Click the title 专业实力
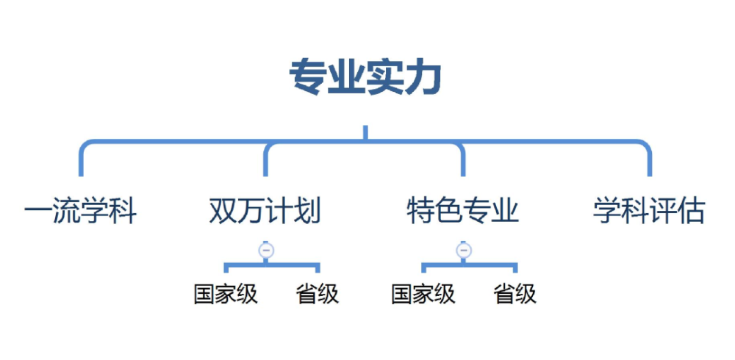365,78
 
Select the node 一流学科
80,211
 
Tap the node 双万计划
265,211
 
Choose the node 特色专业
463,211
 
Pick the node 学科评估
649,211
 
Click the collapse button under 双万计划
266,251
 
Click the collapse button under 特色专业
464,251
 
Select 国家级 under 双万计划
226,295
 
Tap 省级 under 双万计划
318,295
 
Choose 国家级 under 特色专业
423,295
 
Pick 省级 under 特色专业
515,295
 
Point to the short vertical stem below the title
365,133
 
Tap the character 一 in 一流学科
38,211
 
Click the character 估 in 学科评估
692,211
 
